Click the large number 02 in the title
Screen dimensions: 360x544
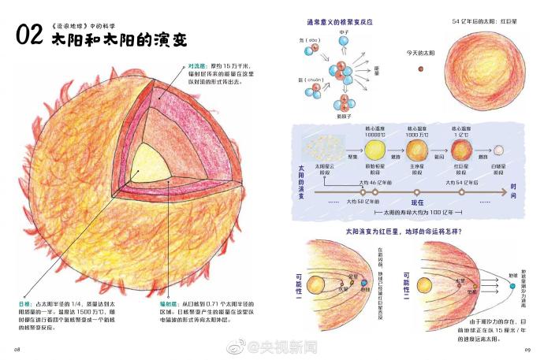click(30, 36)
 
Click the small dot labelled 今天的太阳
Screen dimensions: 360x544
click(419, 69)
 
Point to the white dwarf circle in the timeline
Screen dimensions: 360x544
click(497, 149)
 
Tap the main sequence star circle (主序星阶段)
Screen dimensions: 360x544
click(415, 149)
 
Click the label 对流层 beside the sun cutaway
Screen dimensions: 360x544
click(196, 65)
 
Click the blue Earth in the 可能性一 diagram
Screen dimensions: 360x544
click(365, 283)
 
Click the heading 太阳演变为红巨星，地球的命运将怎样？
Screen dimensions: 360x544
click(398, 232)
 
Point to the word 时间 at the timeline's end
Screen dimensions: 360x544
click(513, 191)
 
